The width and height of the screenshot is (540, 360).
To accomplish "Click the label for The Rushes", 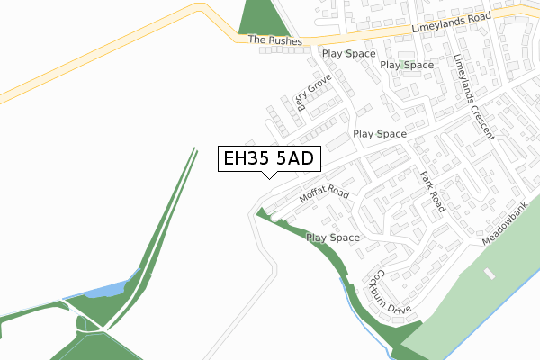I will click(x=270, y=40).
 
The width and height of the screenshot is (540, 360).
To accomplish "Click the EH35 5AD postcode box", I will click(x=267, y=159).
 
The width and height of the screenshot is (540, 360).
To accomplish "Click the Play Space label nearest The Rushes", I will click(x=348, y=53).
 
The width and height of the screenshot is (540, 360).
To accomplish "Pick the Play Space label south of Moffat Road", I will click(x=333, y=238).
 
